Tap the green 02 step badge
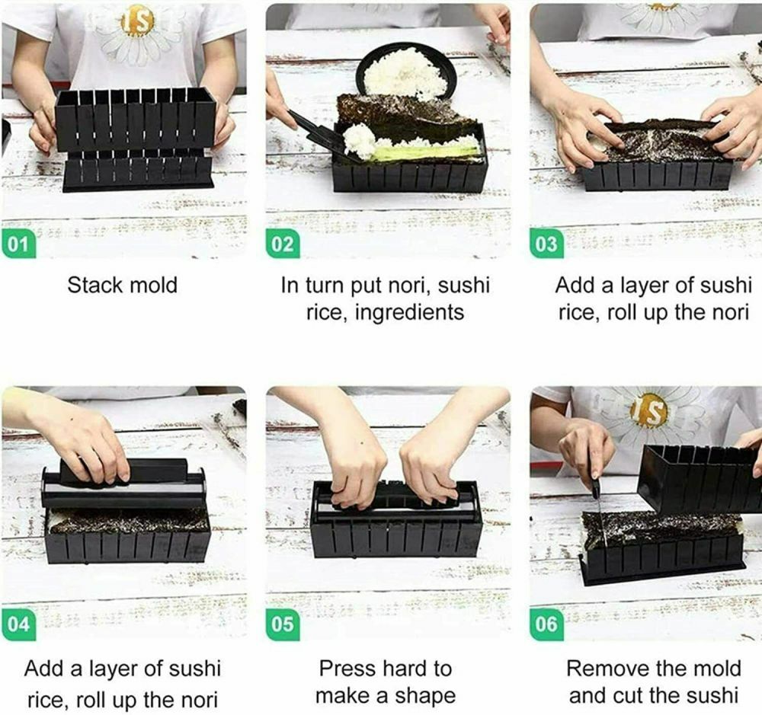(x=283, y=245)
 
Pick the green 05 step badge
(x=283, y=624)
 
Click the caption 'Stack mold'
(x=122, y=286)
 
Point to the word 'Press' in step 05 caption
(x=348, y=669)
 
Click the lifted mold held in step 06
(x=697, y=480)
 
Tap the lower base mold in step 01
(x=137, y=171)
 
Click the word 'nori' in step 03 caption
(x=725, y=312)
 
